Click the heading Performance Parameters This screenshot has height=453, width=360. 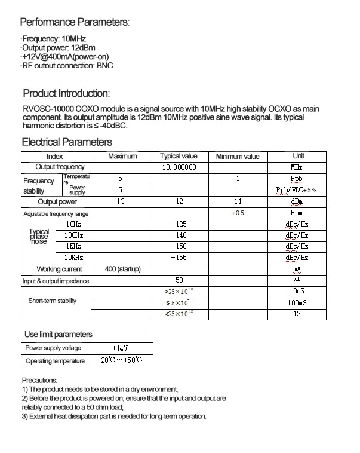click(75, 23)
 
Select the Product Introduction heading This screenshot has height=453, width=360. click(66, 94)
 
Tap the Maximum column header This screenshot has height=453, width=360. click(122, 156)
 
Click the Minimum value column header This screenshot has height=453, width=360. click(238, 157)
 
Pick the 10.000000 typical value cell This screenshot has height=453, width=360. click(179, 167)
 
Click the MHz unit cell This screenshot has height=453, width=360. click(296, 167)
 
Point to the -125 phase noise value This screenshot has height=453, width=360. click(179, 224)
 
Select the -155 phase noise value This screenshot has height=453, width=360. click(179, 258)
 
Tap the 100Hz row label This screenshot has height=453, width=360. click(73, 235)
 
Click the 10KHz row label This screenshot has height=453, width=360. click(73, 258)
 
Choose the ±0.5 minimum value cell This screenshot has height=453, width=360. click(238, 213)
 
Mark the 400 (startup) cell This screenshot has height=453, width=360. click(122, 269)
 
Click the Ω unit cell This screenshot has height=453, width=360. click(296, 280)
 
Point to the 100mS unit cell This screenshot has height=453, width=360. click(296, 303)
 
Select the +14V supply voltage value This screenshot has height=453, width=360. click(120, 348)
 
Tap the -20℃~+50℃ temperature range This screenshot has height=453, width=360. click(120, 361)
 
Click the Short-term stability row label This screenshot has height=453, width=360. click(53, 301)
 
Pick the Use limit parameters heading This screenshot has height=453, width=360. click(57, 334)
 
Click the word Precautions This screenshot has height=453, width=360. click(39, 380)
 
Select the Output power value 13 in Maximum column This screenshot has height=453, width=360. click(121, 201)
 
